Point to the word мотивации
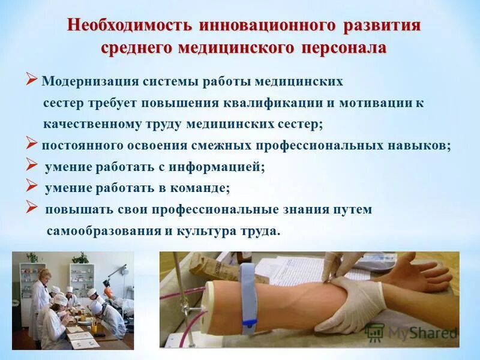(367, 103)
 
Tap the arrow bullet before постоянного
(32, 144)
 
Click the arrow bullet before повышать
(32, 208)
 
